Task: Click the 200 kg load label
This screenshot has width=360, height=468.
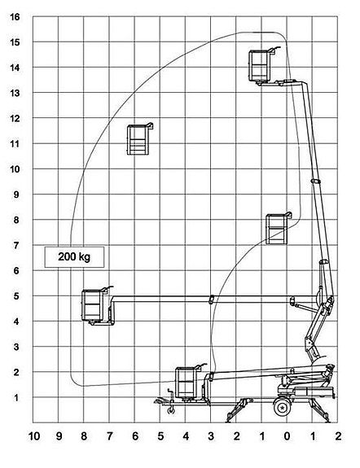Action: (74, 256)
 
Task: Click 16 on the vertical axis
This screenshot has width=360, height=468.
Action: (15, 17)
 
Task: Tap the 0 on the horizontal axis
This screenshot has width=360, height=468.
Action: (287, 436)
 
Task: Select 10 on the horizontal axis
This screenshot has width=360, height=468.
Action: (34, 436)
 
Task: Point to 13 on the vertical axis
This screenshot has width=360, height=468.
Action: (15, 93)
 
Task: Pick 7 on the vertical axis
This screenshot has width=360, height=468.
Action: (16, 245)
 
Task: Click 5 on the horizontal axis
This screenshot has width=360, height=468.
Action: (160, 436)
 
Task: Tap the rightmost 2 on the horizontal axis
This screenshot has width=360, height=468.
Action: (338, 436)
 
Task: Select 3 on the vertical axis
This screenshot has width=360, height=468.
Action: (16, 347)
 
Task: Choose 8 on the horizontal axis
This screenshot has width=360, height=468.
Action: (84, 436)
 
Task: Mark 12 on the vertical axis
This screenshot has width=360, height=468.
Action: (15, 118)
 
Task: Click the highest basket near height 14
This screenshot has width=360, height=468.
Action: (259, 66)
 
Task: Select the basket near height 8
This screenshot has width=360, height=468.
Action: (277, 229)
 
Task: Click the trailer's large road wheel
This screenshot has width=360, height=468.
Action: (282, 407)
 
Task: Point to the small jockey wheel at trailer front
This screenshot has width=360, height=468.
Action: (172, 410)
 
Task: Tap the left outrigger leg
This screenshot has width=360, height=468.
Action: (237, 410)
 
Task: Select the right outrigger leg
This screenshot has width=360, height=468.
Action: (320, 410)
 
